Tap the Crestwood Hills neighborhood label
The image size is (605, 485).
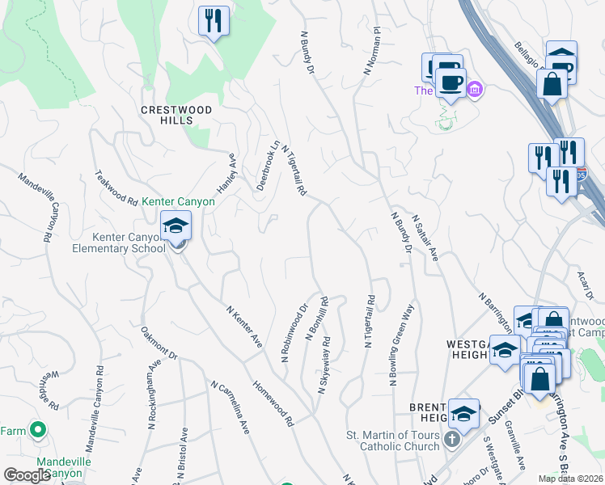[176, 115]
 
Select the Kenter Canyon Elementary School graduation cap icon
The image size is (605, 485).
[176, 228]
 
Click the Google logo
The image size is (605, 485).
[27, 475]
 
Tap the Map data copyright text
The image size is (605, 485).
[570, 479]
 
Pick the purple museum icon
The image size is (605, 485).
[475, 88]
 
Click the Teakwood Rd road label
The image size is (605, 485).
[116, 188]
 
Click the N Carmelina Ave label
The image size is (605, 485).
[231, 408]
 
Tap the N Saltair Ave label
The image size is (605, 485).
[425, 238]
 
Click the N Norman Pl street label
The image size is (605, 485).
[372, 51]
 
